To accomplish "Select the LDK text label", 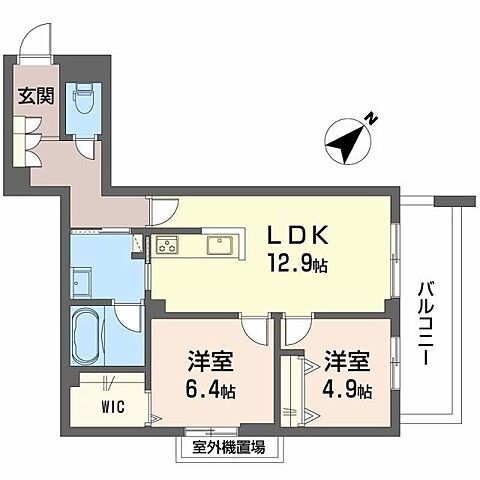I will coord(292,237).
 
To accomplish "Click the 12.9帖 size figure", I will coord(294,266).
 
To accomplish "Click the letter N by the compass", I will coord(371,119).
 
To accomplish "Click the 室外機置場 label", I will coord(221,447).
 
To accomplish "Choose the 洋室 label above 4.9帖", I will coord(346,359).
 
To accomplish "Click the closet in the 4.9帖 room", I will coord(293,395).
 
